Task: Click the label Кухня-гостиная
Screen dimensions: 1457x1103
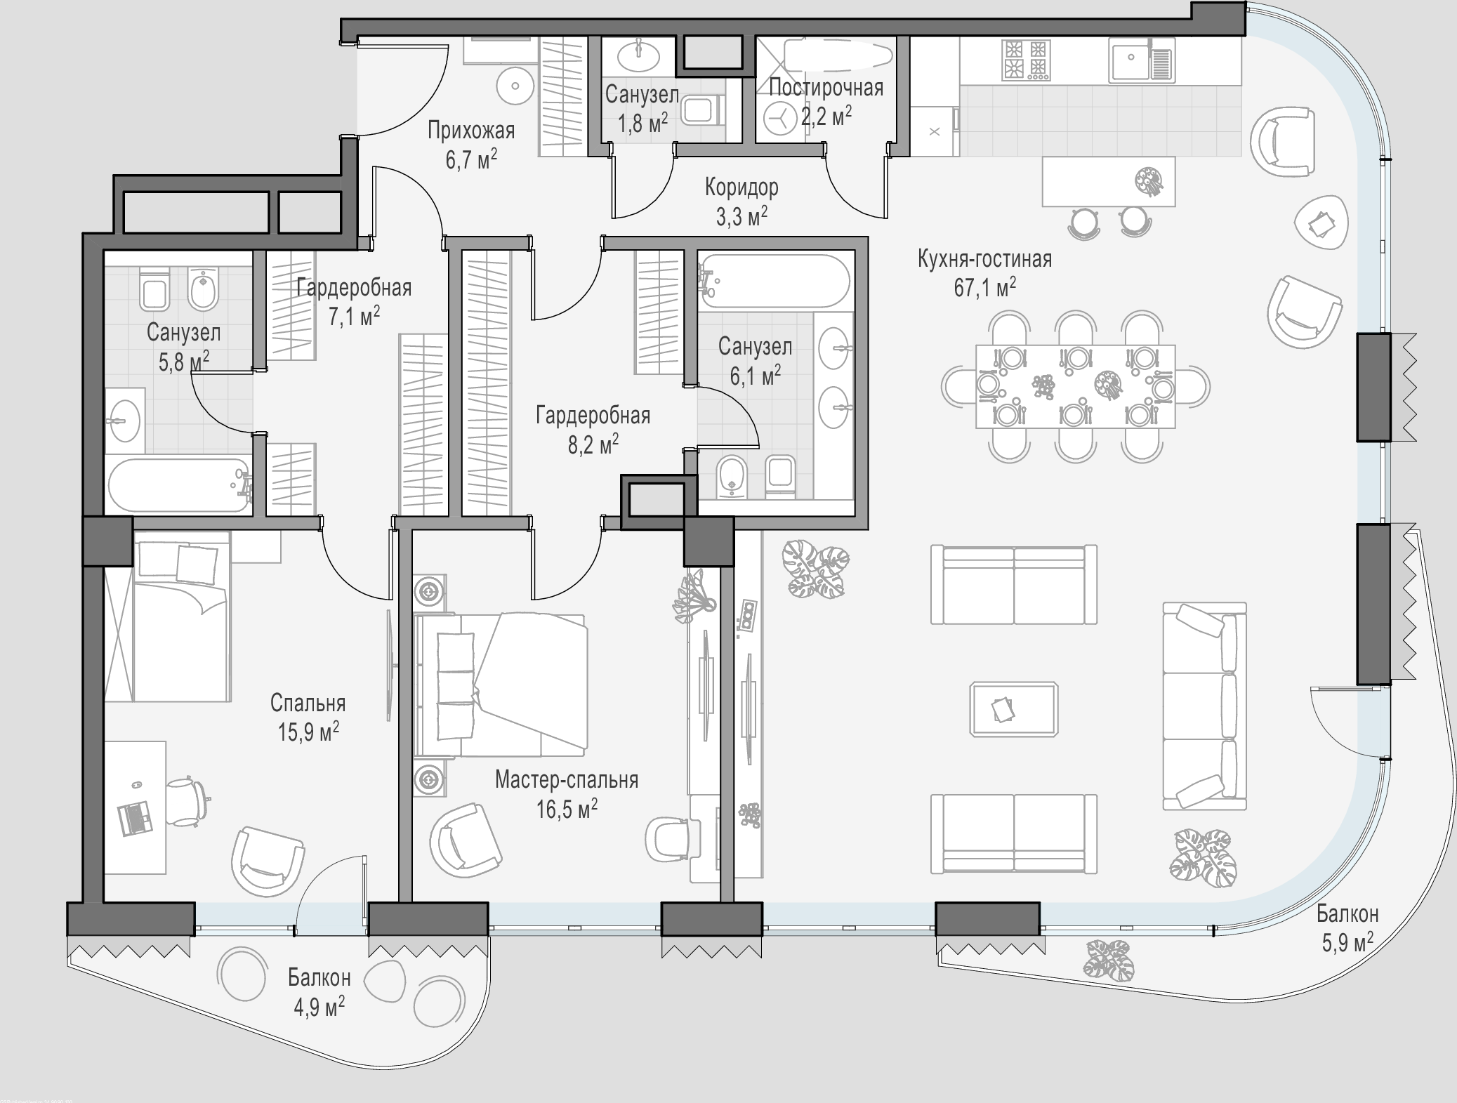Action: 984,259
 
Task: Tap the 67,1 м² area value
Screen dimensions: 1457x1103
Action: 984,287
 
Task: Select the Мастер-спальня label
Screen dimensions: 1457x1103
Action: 567,779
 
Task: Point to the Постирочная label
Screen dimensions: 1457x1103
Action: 826,88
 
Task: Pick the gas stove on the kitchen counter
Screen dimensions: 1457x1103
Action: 1027,59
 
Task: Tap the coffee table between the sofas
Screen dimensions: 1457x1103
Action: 1014,709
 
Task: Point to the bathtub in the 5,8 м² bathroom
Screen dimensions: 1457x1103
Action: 178,486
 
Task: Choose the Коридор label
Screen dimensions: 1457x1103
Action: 741,187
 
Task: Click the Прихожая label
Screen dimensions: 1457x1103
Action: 471,131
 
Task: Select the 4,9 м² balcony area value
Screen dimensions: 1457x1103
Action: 319,1007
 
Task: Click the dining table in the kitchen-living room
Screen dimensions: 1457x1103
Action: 1075,386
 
